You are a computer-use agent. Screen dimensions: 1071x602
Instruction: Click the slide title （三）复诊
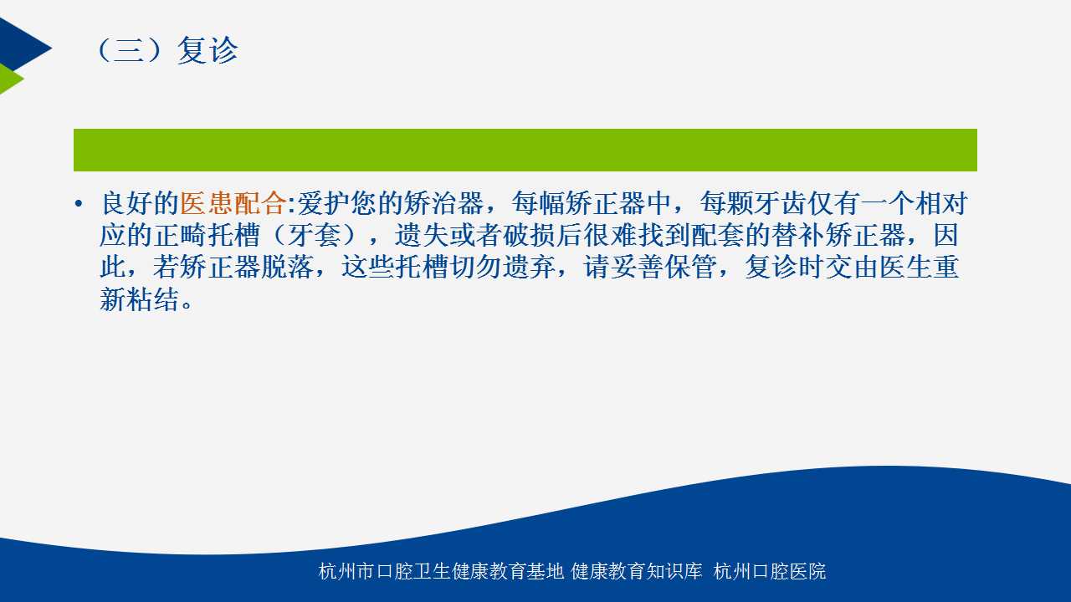coord(167,49)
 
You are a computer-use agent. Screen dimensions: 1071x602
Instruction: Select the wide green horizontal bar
coord(525,150)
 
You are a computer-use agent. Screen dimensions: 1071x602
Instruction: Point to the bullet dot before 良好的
coord(79,204)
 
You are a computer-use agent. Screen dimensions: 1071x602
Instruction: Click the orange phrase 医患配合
coord(233,203)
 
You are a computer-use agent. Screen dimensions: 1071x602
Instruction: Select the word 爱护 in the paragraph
coord(323,203)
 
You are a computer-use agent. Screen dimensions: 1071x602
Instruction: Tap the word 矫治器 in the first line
coord(443,203)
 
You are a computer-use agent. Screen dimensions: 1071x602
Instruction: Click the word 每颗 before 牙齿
coord(727,203)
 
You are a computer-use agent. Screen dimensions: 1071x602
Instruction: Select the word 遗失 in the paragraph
coord(421,235)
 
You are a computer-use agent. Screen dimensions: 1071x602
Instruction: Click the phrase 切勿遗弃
coord(502,267)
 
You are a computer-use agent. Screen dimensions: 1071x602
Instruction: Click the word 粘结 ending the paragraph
coord(153,298)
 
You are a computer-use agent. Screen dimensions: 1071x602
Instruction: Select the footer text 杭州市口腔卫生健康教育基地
coord(441,571)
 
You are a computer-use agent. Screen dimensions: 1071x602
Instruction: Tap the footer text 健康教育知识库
coord(637,571)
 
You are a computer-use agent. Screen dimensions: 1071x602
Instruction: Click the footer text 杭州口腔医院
coord(769,571)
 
